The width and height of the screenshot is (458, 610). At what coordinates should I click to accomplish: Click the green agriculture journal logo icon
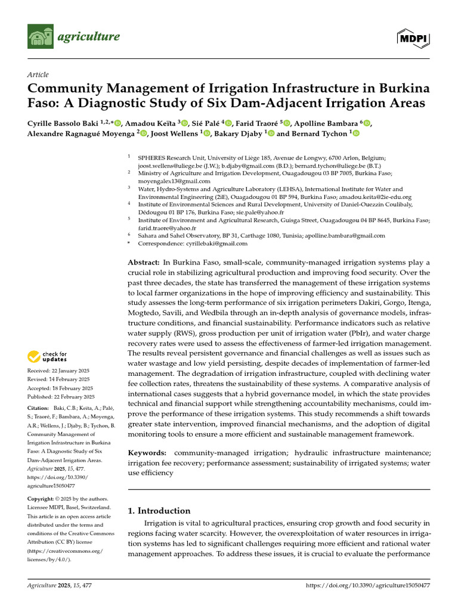pyautogui.click(x=41, y=38)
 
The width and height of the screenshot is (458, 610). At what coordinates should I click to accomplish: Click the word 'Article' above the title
pyautogui.click(x=38, y=74)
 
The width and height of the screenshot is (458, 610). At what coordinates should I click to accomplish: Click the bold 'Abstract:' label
pyautogui.click(x=144, y=263)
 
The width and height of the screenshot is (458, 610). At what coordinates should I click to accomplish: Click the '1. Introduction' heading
pyautogui.click(x=160, y=511)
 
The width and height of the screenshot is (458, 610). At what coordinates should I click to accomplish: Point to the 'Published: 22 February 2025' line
pyautogui.click(x=61, y=396)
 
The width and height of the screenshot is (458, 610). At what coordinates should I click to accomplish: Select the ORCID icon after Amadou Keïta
pyautogui.click(x=185, y=123)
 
